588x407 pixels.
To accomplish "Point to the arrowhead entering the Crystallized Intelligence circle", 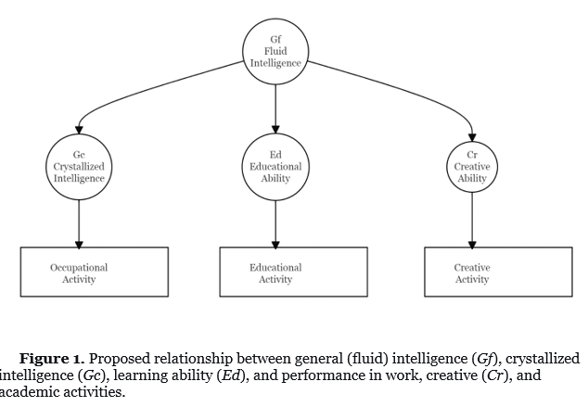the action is click(79, 130).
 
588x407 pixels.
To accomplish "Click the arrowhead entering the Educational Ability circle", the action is click(275, 129).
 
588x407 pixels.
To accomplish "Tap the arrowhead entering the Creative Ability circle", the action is click(472, 137).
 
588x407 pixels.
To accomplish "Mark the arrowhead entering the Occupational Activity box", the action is click(79, 245).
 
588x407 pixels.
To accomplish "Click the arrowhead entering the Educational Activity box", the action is click(275, 245).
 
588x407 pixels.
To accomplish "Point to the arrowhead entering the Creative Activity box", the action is click(472, 245).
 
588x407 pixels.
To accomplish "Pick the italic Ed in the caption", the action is click(231, 375).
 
